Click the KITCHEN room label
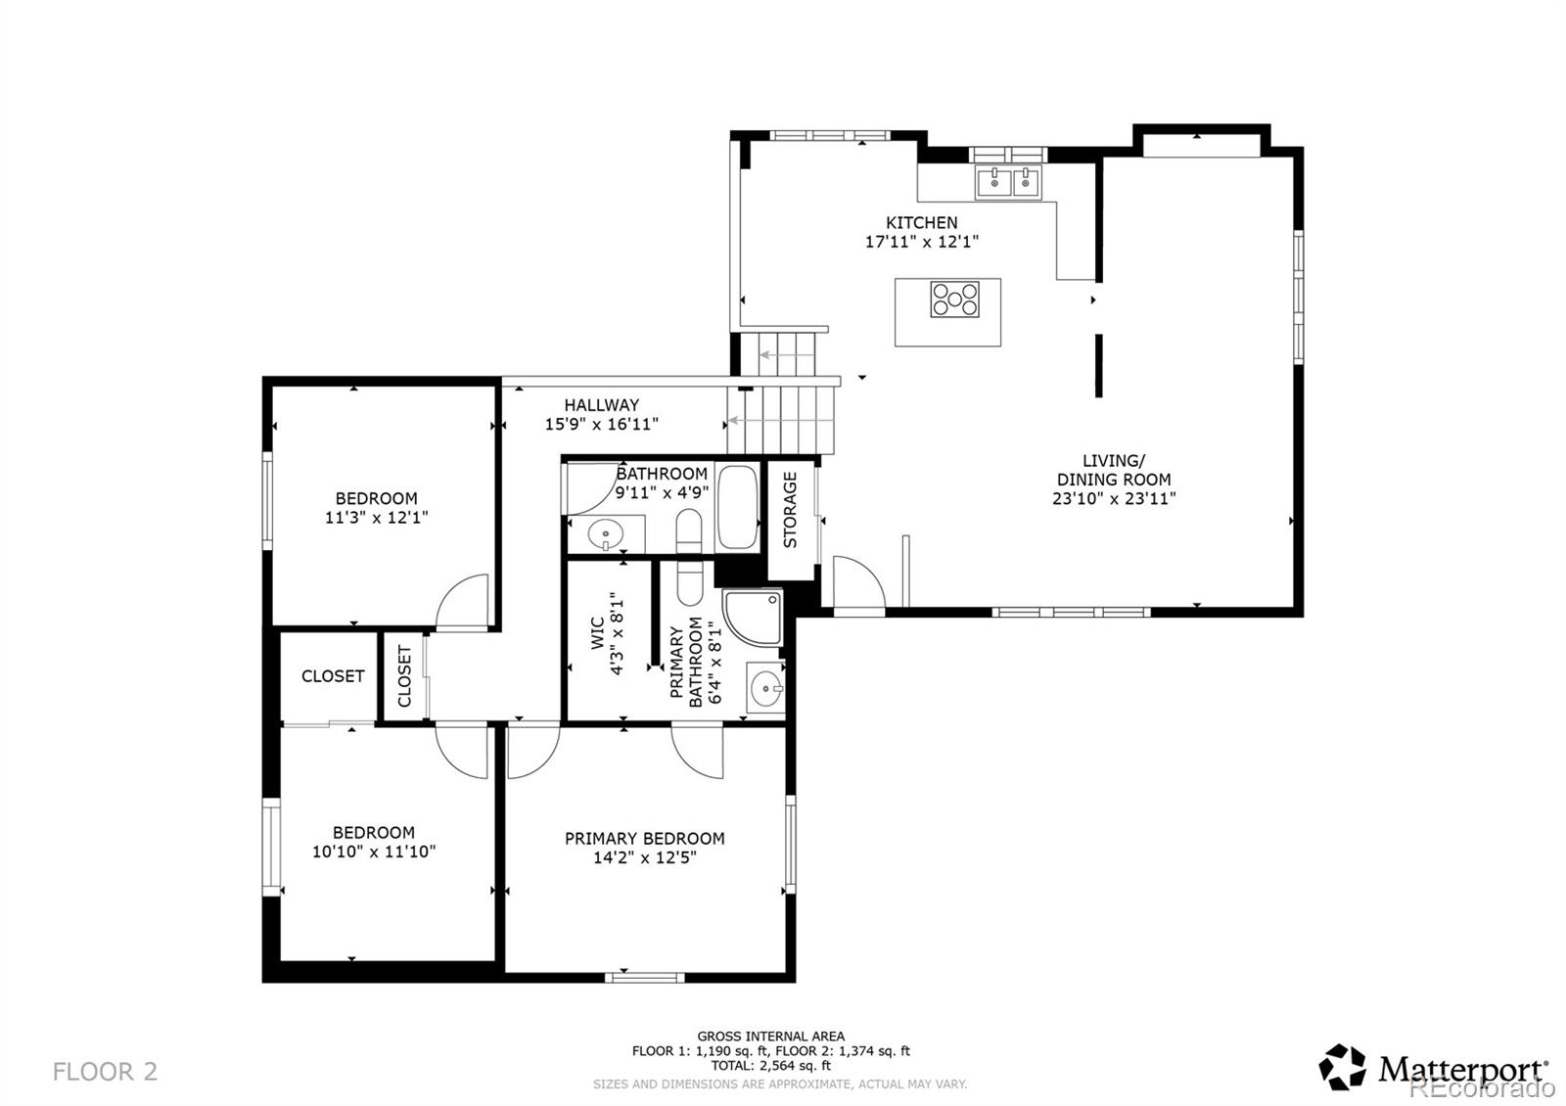tap(921, 223)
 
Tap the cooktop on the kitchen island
tap(955, 300)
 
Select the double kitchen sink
tap(1008, 182)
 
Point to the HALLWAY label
tap(601, 405)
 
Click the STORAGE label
tap(790, 510)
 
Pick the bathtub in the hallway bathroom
tap(738, 507)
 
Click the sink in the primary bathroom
tap(765, 689)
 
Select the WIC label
tap(598, 632)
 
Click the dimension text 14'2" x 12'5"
tap(645, 857)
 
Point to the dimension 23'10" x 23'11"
tap(1114, 498)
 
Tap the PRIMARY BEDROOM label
tap(645, 838)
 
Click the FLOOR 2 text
tap(105, 1072)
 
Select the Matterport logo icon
tap(1342, 1068)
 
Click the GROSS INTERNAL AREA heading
tap(770, 1037)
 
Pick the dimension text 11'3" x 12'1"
tap(376, 518)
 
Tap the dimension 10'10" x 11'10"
tap(373, 853)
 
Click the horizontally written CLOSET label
tap(333, 676)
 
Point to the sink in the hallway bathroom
tap(606, 535)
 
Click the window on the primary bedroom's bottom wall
tap(645, 978)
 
